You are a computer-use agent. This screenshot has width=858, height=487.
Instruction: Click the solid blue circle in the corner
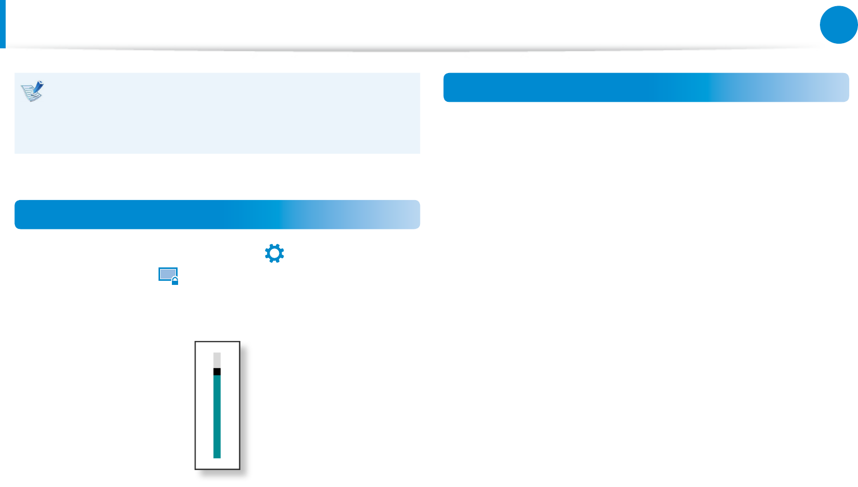pyautogui.click(x=838, y=25)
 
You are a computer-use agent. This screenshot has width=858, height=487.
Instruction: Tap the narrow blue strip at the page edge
pyautogui.click(x=3, y=24)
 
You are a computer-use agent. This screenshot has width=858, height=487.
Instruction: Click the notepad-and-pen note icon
pyautogui.click(x=32, y=91)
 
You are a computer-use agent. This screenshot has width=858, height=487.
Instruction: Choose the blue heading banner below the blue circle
pyautogui.click(x=646, y=87)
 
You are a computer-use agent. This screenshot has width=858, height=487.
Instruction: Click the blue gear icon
pyautogui.click(x=274, y=254)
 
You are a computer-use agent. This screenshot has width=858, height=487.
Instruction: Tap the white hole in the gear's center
pyautogui.click(x=274, y=254)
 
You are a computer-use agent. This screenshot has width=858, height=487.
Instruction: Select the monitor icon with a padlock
pyautogui.click(x=168, y=276)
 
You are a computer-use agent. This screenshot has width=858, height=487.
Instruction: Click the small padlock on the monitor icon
pyautogui.click(x=175, y=281)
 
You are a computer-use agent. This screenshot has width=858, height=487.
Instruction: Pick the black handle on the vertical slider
pyautogui.click(x=217, y=371)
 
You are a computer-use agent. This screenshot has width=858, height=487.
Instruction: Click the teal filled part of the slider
pyautogui.click(x=217, y=417)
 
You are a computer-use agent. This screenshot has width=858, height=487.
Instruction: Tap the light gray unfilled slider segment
pyautogui.click(x=217, y=360)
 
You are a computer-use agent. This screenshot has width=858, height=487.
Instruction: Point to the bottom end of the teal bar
pyautogui.click(x=217, y=456)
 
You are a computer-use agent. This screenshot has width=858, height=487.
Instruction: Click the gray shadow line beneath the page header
pyautogui.click(x=412, y=50)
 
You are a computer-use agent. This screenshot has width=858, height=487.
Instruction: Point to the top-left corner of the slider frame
pyautogui.click(x=196, y=342)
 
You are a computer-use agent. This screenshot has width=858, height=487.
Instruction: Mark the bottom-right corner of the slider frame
pyautogui.click(x=239, y=468)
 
